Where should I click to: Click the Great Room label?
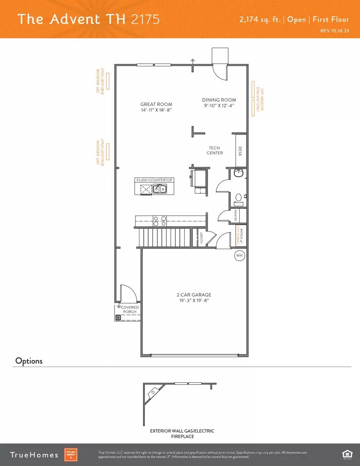click(156, 104)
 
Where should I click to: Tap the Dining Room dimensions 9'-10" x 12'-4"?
click(219, 106)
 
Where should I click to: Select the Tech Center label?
click(215, 150)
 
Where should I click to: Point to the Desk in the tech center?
click(241, 151)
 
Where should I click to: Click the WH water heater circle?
click(239, 256)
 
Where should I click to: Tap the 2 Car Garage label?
click(194, 295)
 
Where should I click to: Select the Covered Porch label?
click(130, 309)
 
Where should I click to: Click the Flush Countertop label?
click(154, 180)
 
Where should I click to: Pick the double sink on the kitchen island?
click(160, 189)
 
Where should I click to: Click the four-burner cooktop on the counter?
click(160, 221)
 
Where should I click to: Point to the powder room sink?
click(239, 173)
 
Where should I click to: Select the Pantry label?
click(235, 216)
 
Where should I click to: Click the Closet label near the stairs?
click(202, 238)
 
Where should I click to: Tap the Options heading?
click(29, 361)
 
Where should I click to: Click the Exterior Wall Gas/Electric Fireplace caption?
click(182, 434)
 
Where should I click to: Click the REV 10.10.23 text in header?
click(335, 31)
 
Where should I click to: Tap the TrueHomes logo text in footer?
click(34, 455)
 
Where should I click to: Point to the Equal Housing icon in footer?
click(347, 455)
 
